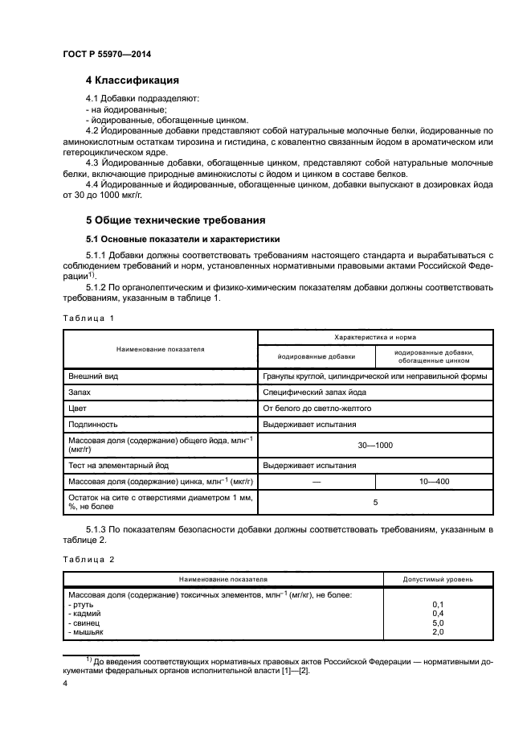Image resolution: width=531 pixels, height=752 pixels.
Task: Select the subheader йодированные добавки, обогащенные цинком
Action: click(x=434, y=356)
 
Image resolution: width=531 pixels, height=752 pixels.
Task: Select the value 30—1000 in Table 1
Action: click(x=374, y=444)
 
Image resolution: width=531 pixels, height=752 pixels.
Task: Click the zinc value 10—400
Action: click(x=434, y=481)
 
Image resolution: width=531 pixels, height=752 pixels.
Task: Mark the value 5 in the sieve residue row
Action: click(x=374, y=502)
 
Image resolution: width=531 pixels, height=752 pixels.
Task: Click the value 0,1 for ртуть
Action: click(x=438, y=603)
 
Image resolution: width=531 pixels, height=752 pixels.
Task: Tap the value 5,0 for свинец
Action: click(x=438, y=623)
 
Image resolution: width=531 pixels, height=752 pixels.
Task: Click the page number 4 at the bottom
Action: click(x=66, y=683)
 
